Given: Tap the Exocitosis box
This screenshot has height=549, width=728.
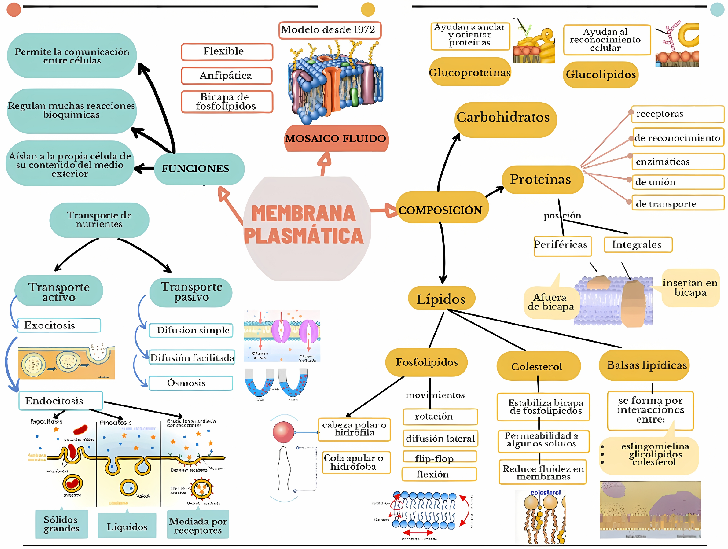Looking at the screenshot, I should coord(59,325).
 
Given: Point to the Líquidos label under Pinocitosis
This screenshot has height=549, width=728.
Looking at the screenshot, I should coord(127,527).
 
